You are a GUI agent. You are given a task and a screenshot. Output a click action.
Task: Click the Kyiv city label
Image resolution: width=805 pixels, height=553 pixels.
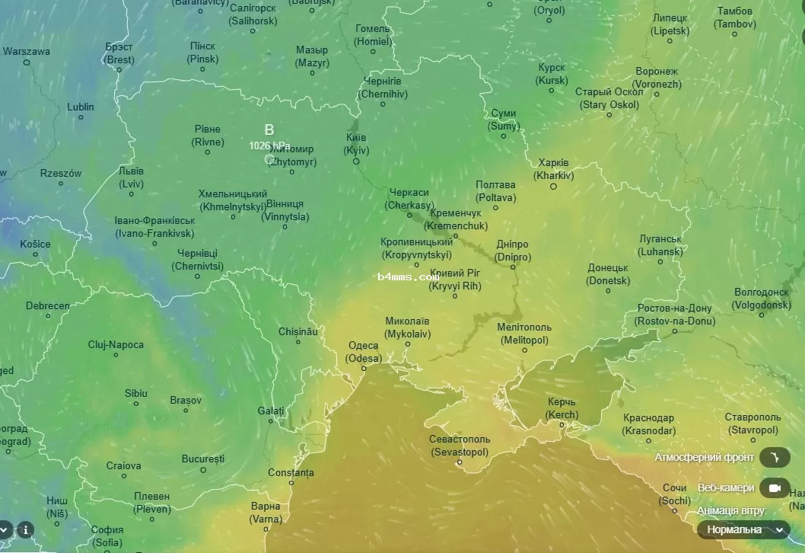tap(355, 143)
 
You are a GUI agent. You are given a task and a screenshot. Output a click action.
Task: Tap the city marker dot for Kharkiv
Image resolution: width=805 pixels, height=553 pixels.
tap(554, 187)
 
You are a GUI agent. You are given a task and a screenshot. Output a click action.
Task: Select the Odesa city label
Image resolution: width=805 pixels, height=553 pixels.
tap(364, 352)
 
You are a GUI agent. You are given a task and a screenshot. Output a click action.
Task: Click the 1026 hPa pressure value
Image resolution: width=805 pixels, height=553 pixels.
tap(269, 145)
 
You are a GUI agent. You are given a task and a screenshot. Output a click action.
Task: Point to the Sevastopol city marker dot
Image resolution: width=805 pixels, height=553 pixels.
tap(460, 462)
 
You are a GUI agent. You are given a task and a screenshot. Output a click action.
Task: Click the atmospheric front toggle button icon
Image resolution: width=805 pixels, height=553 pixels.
tap(775, 457)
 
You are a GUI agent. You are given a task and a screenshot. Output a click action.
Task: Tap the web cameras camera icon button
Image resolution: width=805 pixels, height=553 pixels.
tap(775, 487)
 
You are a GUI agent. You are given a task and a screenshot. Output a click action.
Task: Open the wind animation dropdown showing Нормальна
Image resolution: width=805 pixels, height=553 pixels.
tap(743, 529)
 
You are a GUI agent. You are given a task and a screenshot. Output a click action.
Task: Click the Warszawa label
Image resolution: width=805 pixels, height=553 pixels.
tap(27, 52)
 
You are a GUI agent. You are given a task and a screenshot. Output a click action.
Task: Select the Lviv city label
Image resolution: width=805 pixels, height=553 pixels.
tap(131, 177)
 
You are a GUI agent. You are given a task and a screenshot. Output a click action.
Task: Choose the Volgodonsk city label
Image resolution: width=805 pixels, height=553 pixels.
tap(762, 298)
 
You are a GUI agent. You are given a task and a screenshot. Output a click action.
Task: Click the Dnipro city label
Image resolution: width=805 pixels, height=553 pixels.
tap(512, 251)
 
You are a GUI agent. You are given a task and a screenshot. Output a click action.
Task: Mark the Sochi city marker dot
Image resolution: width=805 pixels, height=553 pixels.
tap(675, 512)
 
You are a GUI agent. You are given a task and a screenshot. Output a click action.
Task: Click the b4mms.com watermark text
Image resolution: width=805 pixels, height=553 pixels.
tap(408, 277)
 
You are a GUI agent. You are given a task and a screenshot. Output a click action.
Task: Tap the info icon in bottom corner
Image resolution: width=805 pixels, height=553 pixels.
tap(25, 529)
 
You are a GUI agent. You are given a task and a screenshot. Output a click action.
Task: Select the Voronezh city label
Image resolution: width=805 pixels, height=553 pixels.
tap(657, 78)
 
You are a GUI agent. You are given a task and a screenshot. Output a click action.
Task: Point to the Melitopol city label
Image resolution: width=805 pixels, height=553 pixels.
tap(523, 334)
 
